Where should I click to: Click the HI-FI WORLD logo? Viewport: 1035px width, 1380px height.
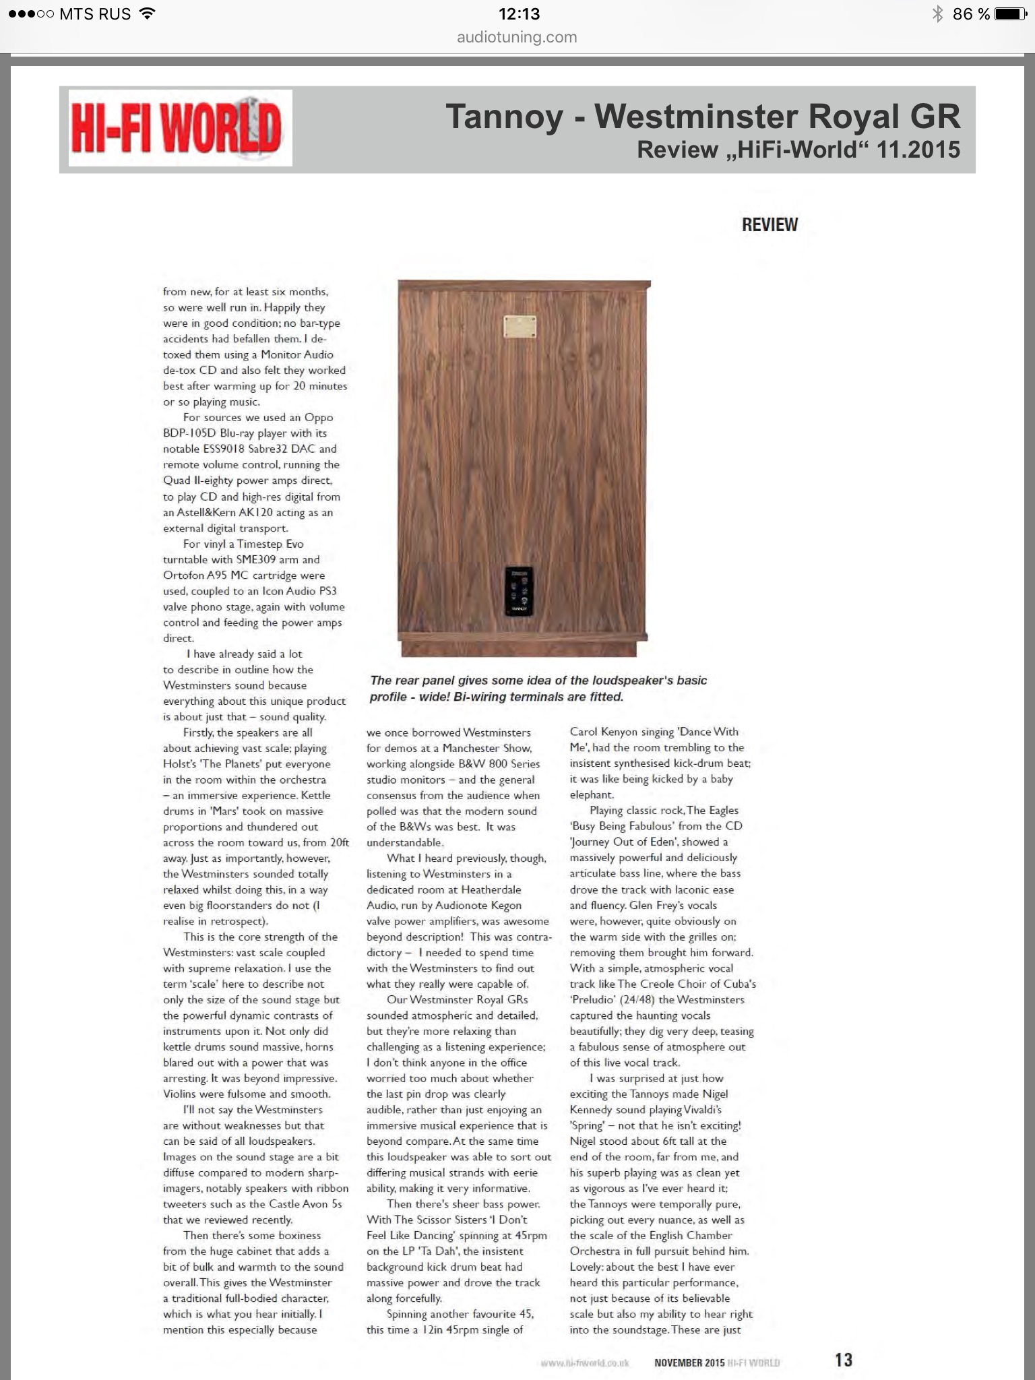click(x=179, y=128)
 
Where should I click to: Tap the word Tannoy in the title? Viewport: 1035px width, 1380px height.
click(x=504, y=117)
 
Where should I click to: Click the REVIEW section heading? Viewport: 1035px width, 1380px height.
click(x=770, y=225)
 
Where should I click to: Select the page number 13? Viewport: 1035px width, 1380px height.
click(x=843, y=1360)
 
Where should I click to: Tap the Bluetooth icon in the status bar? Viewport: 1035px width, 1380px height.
click(x=937, y=13)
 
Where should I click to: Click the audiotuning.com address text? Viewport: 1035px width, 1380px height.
click(x=517, y=37)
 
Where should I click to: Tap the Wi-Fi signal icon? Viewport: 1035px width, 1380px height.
click(x=147, y=13)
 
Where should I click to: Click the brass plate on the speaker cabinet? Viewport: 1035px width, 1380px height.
click(x=520, y=327)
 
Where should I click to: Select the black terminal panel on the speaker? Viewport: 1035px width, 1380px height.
click(x=520, y=590)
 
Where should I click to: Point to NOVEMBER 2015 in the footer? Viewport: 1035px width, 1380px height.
click(x=689, y=1362)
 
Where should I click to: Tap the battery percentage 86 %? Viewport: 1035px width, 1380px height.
click(x=971, y=13)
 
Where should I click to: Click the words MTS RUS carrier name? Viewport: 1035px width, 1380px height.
click(x=95, y=13)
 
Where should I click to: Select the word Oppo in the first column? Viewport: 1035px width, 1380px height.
click(x=319, y=417)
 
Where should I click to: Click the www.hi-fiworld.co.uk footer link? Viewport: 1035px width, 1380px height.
click(x=584, y=1362)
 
